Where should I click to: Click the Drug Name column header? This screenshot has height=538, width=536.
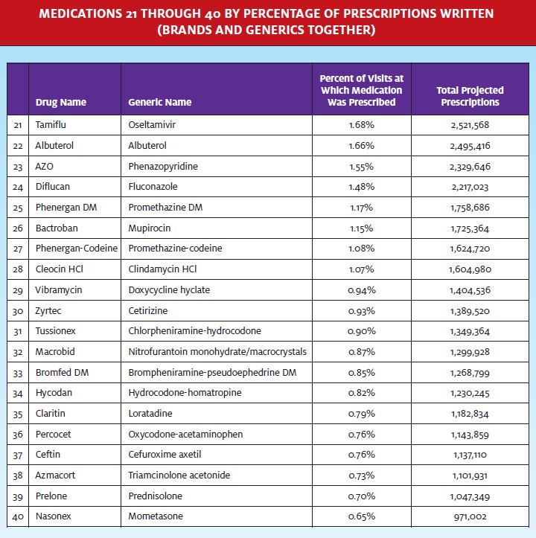click(61, 102)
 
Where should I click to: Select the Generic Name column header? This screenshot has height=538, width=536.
click(159, 102)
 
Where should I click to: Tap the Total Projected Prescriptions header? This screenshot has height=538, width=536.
click(470, 96)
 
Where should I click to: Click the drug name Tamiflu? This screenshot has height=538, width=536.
click(51, 124)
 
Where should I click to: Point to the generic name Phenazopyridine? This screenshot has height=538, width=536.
click(163, 167)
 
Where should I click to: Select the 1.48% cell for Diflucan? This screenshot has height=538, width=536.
click(361, 187)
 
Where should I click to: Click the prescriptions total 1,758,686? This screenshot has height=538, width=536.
click(470, 208)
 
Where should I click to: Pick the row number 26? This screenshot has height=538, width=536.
click(18, 228)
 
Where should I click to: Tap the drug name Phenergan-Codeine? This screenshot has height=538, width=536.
click(77, 248)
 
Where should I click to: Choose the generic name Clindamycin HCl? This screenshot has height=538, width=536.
click(162, 269)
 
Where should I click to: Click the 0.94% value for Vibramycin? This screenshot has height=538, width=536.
click(362, 290)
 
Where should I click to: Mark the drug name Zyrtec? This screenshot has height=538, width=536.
click(48, 311)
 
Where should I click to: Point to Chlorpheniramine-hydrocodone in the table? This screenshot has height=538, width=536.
click(195, 330)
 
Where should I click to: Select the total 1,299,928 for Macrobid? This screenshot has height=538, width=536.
click(470, 352)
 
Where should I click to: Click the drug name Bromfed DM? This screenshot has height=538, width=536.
click(62, 372)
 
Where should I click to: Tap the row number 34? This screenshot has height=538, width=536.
click(18, 393)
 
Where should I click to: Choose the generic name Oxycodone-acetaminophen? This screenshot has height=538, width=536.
click(185, 434)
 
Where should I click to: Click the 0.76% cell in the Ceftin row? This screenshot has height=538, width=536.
click(362, 455)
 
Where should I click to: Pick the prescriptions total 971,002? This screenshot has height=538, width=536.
click(470, 516)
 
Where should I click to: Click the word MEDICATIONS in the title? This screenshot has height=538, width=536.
click(80, 13)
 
